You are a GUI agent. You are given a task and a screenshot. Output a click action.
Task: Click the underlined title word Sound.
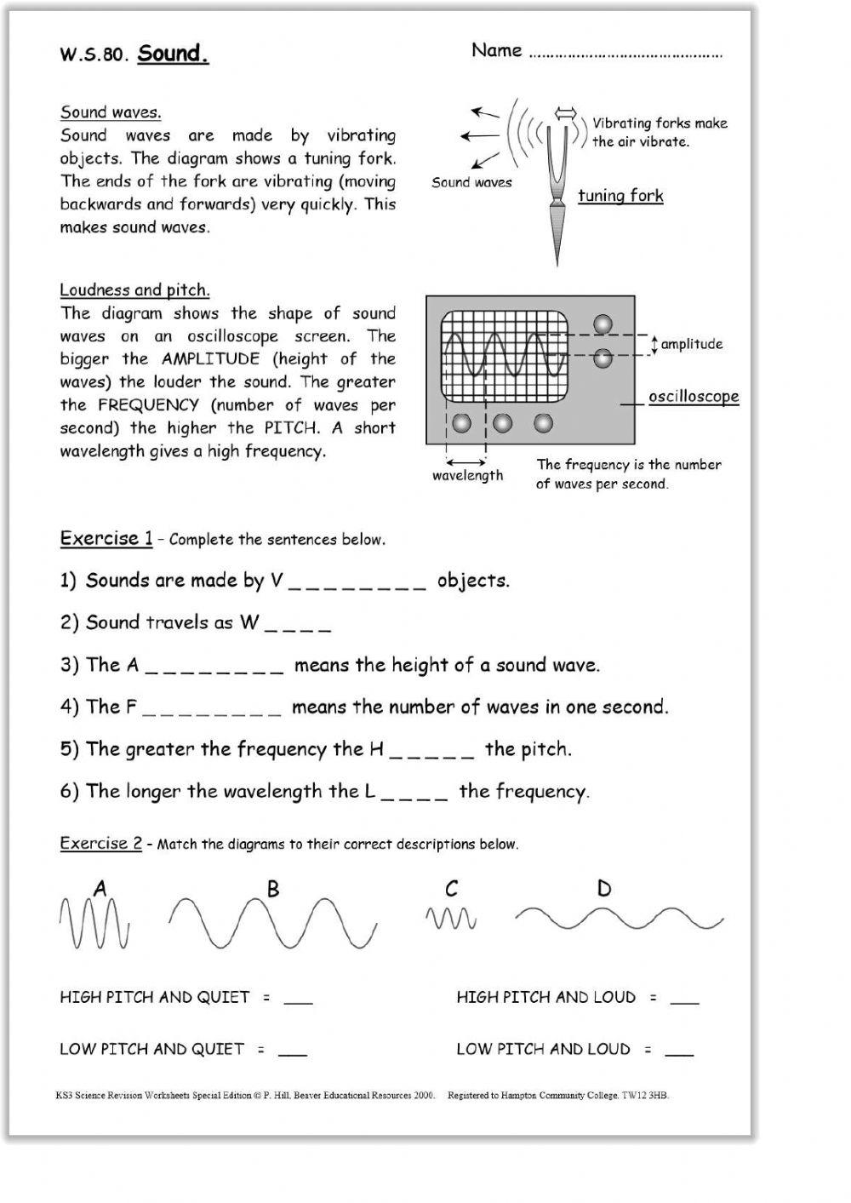click(173, 54)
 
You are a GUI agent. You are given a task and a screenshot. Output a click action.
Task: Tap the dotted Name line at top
click(625, 55)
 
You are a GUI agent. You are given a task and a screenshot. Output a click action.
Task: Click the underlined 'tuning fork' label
click(620, 196)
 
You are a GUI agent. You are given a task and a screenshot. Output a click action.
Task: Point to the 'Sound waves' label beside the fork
click(471, 182)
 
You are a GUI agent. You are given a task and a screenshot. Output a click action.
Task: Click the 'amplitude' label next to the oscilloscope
click(691, 344)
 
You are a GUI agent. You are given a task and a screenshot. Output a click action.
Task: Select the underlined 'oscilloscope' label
click(694, 397)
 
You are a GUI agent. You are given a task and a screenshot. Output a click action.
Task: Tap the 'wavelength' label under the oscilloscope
click(467, 476)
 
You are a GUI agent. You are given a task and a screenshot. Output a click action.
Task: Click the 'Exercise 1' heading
click(106, 538)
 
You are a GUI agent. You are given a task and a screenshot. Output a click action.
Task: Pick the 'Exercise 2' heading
click(101, 844)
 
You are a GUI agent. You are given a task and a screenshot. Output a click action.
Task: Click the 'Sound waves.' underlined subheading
click(111, 112)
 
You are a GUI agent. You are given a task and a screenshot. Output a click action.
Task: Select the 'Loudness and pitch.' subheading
click(134, 290)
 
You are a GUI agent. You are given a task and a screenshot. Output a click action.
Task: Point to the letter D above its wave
click(604, 890)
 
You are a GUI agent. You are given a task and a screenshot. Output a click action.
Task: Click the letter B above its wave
click(273, 890)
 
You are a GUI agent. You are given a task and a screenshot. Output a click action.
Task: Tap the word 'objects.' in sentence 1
click(473, 581)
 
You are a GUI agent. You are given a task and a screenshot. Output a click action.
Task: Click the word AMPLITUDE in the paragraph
click(208, 359)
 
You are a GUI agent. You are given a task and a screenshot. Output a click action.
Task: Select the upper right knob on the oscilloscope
click(603, 324)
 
